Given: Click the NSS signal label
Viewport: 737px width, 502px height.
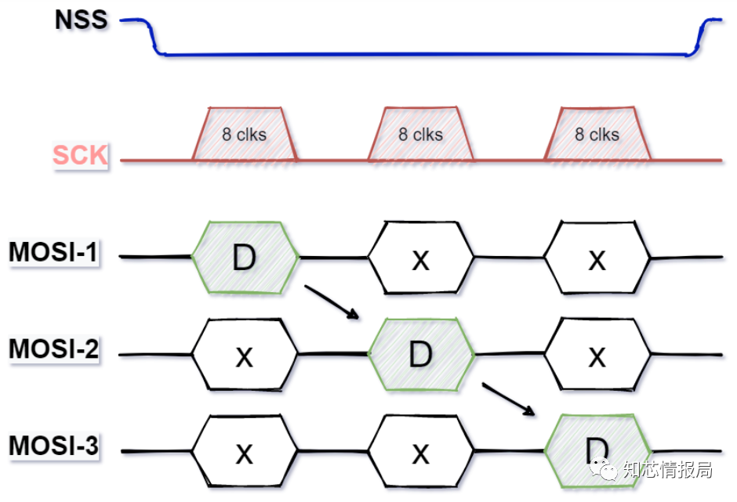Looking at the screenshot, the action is (x=82, y=20).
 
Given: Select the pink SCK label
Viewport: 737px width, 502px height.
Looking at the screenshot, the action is (x=80, y=155).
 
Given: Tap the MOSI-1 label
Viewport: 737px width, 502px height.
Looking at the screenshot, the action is (x=53, y=251).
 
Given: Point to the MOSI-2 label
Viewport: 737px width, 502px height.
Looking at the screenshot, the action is (x=53, y=349).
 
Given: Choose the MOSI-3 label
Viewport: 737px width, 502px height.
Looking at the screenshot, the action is (x=53, y=445).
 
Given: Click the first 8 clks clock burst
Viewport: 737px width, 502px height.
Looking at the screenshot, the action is (x=245, y=134).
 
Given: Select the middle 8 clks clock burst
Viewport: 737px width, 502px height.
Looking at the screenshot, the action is (x=421, y=134).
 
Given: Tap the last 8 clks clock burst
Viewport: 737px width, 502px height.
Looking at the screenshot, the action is (x=597, y=134).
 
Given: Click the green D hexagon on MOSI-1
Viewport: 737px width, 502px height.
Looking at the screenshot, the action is (x=245, y=258).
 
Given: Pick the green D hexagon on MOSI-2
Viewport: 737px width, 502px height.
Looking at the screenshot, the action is (x=421, y=355).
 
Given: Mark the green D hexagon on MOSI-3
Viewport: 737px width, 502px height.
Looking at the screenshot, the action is (x=597, y=451).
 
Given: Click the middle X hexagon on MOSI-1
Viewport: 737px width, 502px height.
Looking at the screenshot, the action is (x=421, y=258).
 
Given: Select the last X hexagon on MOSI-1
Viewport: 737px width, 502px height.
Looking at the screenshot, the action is (x=597, y=258).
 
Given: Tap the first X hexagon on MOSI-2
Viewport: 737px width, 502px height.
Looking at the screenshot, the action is (x=245, y=355).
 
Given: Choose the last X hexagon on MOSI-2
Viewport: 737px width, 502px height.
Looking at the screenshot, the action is (x=597, y=355).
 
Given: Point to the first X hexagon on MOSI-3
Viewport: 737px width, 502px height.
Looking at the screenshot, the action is (x=245, y=451).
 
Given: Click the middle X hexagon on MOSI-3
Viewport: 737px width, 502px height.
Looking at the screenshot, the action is (x=421, y=451).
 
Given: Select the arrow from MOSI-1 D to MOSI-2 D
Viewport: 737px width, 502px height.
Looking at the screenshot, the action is (x=332, y=302).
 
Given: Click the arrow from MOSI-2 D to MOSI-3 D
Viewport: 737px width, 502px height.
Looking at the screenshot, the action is (x=508, y=399).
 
